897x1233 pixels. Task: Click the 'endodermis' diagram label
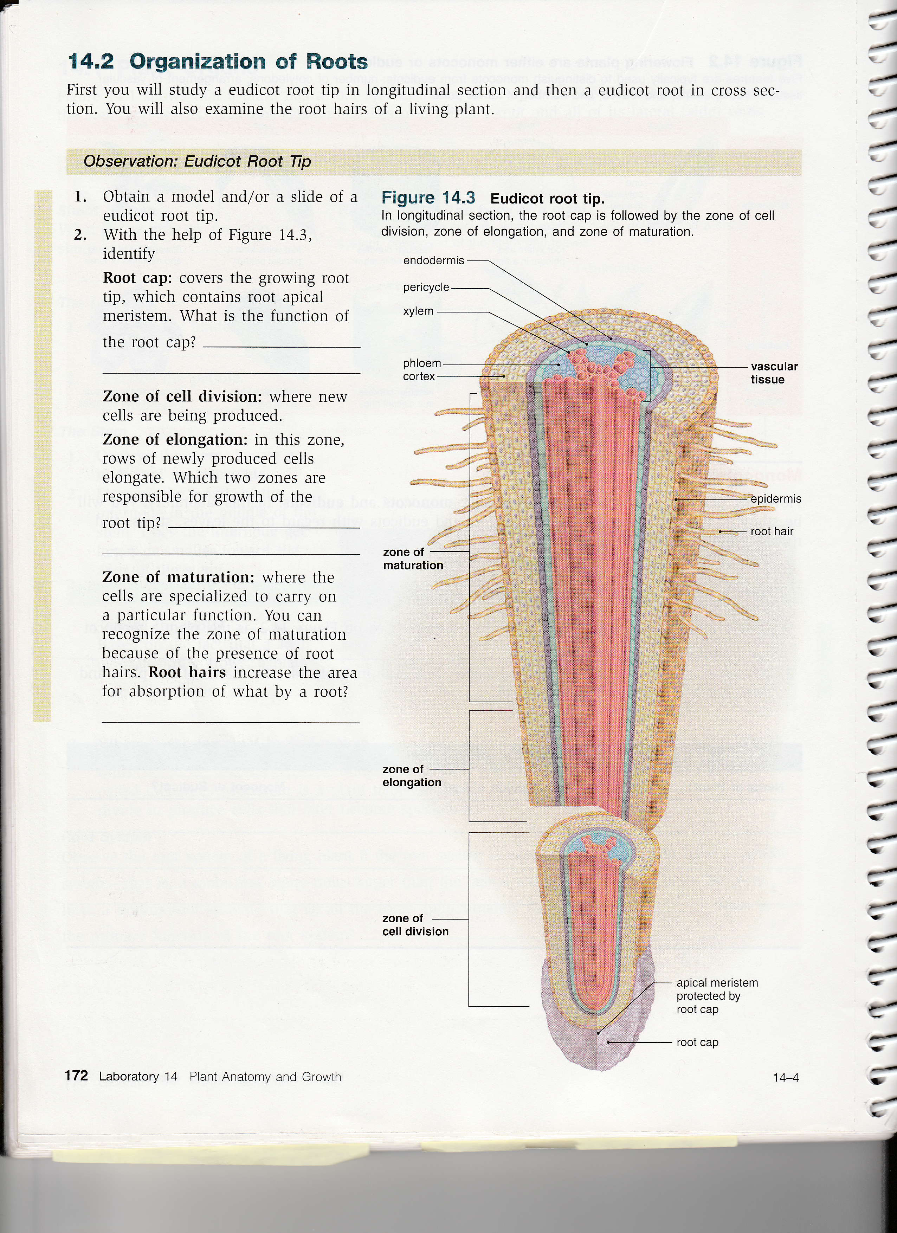pyautogui.click(x=434, y=260)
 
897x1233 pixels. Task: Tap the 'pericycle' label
pyautogui.click(x=426, y=287)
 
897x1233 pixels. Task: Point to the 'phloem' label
pyautogui.click(x=422, y=363)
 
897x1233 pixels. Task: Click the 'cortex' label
pyautogui.click(x=419, y=376)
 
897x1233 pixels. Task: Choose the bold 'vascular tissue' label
pyautogui.click(x=774, y=373)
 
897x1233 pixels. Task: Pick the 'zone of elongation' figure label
pyautogui.click(x=412, y=776)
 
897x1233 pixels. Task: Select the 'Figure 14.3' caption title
pyautogui.click(x=428, y=198)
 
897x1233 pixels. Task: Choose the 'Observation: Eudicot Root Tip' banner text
pyautogui.click(x=197, y=161)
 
